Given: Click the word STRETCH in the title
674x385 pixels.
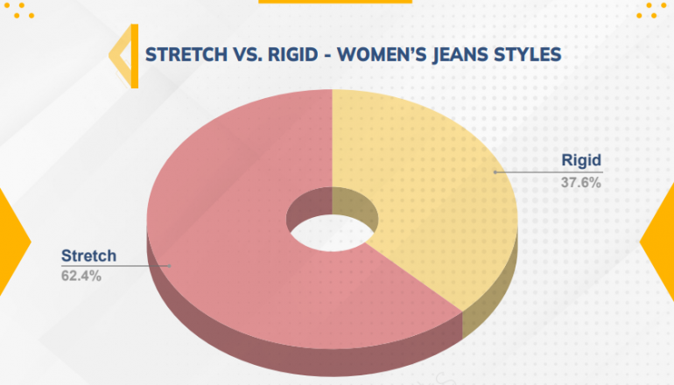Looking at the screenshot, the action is (x=186, y=54).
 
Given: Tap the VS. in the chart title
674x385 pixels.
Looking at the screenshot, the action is (x=247, y=54).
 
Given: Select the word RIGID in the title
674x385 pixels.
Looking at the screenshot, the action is (x=292, y=54).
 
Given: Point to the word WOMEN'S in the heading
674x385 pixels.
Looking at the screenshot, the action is (x=383, y=54).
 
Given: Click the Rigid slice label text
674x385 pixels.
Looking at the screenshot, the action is (x=581, y=160).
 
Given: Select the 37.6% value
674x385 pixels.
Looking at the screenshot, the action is (x=580, y=183).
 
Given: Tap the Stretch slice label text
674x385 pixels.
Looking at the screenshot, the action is (x=88, y=255).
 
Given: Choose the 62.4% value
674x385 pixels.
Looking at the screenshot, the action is (x=81, y=276).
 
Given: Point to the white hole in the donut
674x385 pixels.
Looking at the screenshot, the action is (x=332, y=233).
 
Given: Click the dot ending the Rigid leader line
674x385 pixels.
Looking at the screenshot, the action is (x=495, y=172).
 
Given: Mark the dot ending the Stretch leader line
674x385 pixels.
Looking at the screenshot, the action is (x=169, y=266).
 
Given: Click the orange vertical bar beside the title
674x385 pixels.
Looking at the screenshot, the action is (x=135, y=56).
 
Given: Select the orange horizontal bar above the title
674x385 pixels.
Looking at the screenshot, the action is (x=335, y=1).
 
